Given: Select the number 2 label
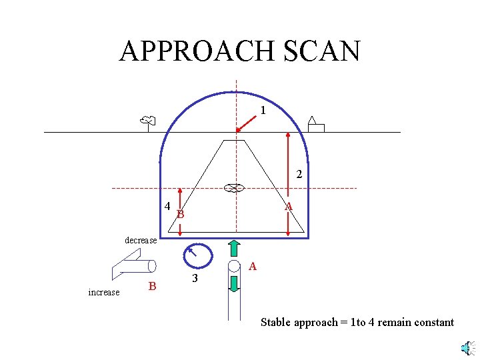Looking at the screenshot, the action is tap(299, 175).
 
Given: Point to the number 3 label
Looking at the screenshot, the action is tap(194, 279).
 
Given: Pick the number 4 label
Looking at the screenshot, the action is tap(167, 205).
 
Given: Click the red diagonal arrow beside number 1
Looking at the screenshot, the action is tap(247, 123).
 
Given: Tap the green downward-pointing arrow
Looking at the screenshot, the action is tap(233, 283).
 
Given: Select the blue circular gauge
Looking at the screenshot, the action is tap(197, 255).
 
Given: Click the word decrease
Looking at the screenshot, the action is tap(141, 240).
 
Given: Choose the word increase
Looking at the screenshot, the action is tap(104, 292).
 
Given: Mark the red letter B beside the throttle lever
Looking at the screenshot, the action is tap(153, 287).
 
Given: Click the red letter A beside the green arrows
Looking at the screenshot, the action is tap(252, 267).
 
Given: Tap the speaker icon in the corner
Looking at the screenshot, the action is tap(467, 347).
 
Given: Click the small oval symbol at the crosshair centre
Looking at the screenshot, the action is tap(233, 188).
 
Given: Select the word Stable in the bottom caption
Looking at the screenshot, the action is tap(275, 323).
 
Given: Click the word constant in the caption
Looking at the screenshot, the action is tap(434, 323).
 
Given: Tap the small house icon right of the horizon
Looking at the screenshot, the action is tap(315, 125).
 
